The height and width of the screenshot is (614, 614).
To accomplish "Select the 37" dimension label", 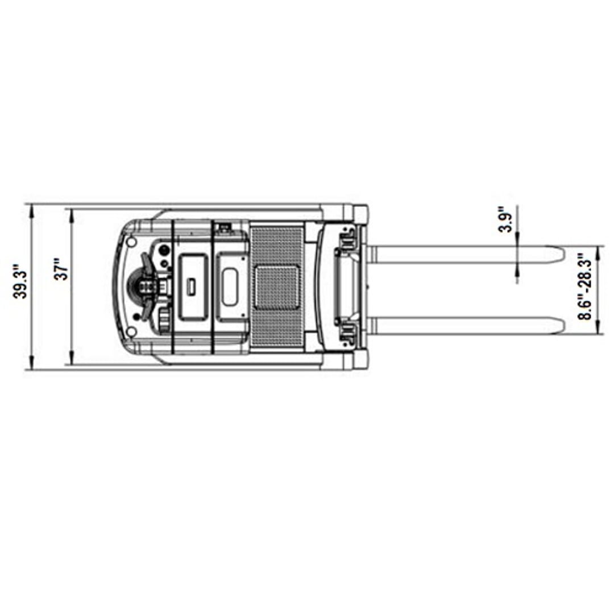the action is click(x=61, y=268).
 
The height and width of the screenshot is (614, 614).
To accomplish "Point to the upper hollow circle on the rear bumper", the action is click(x=131, y=242).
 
